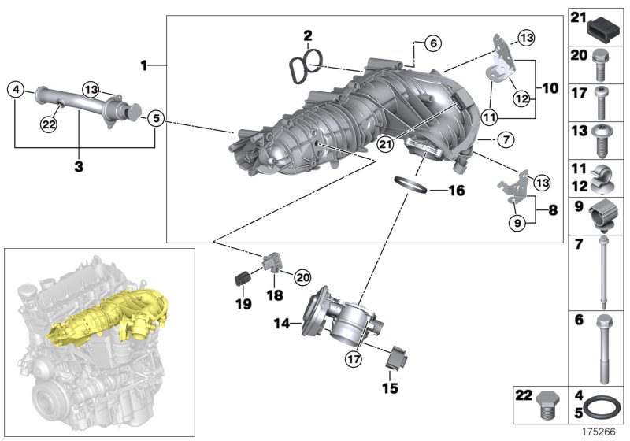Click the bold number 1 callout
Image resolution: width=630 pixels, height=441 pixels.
coord(144,65)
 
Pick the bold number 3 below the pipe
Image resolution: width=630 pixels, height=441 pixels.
coord(78,166)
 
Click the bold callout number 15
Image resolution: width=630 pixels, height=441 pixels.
coord(391,388)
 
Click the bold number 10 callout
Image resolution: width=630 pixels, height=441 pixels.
coord(549,87)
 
